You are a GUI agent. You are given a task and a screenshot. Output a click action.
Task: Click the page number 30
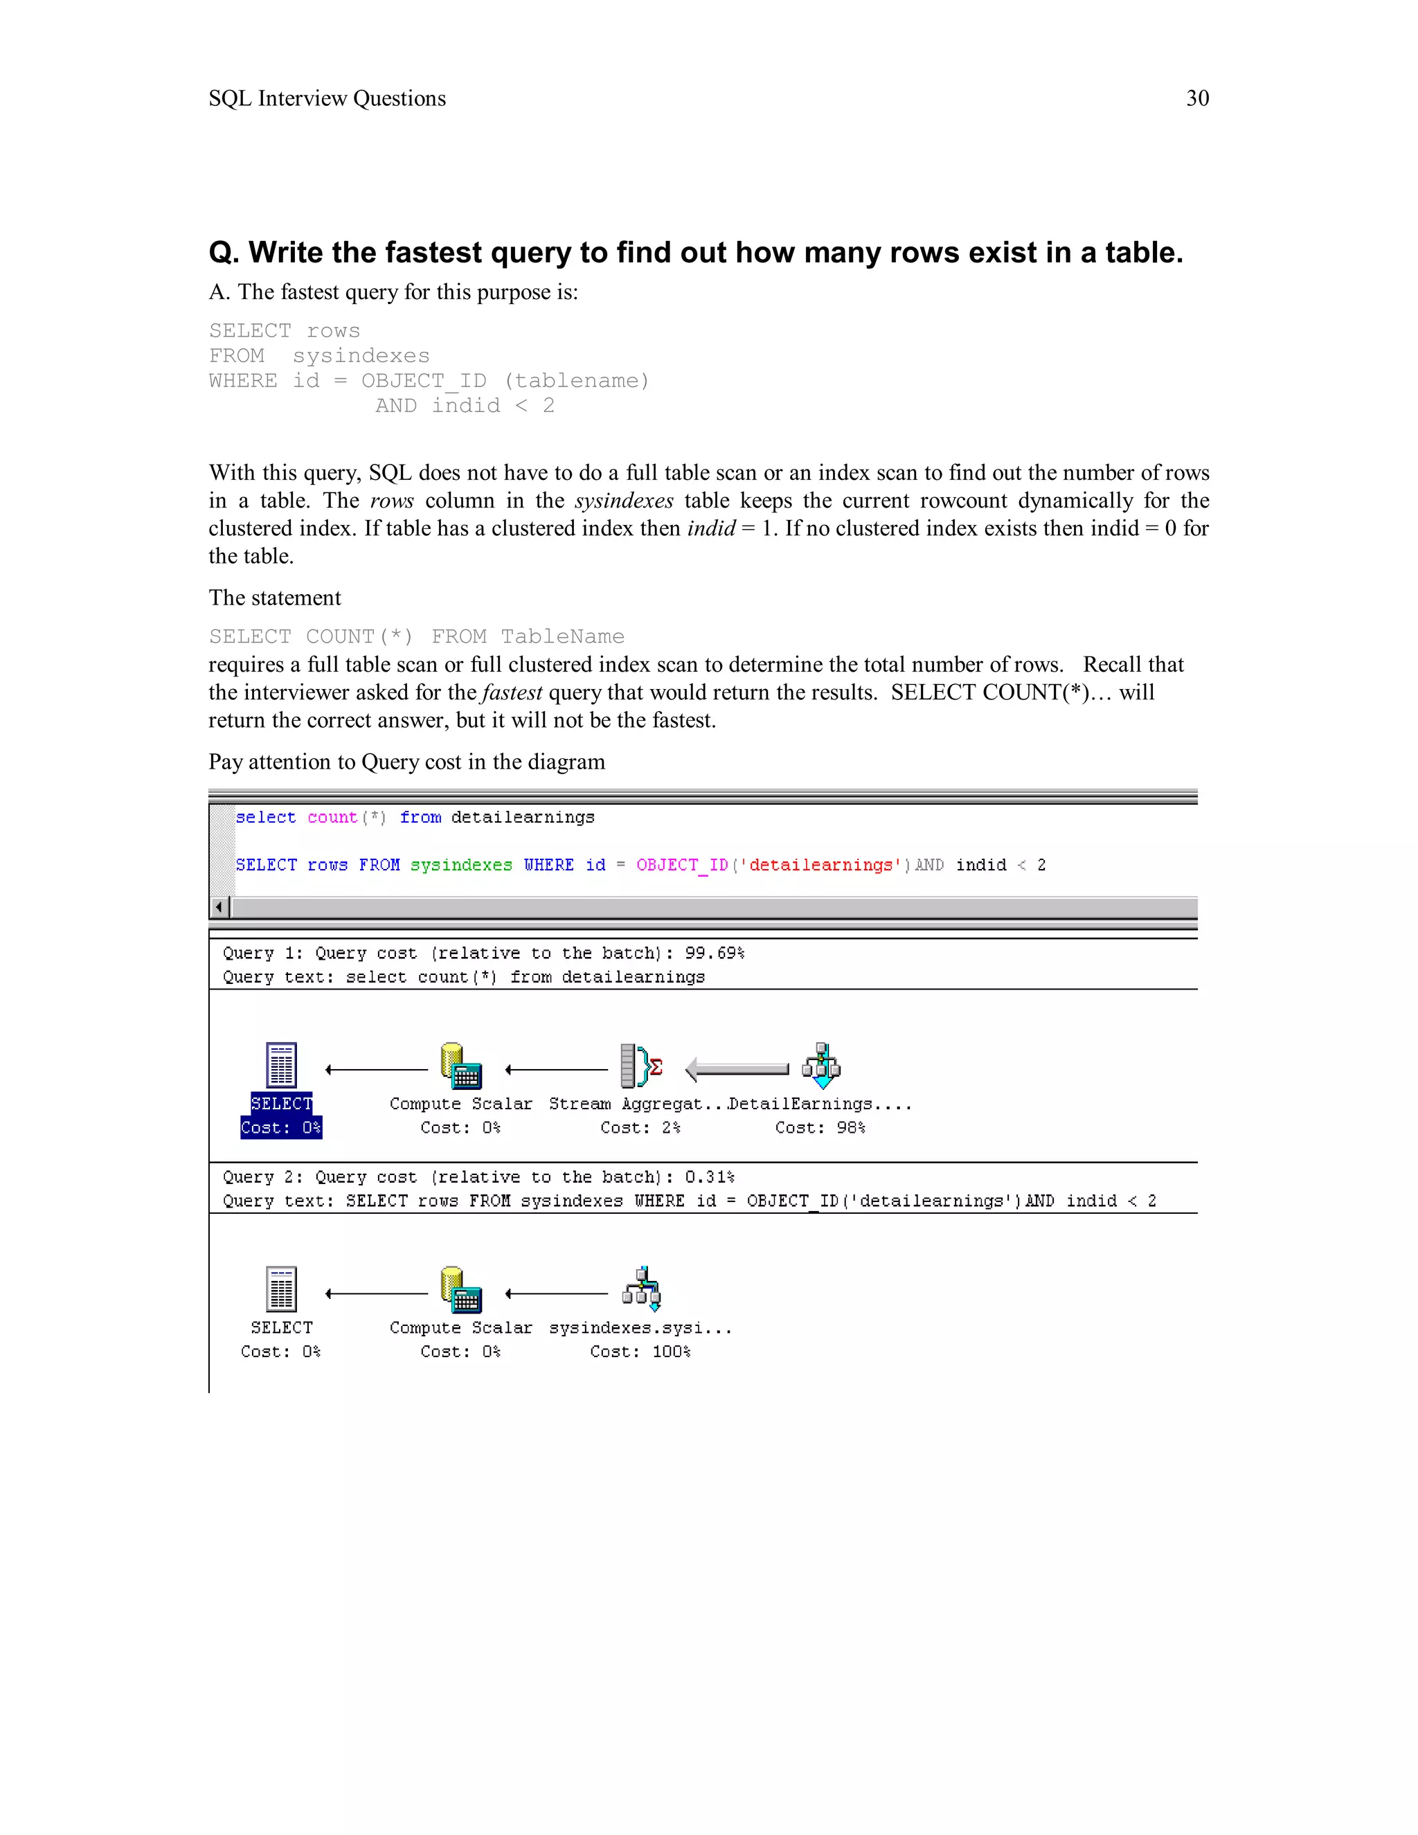pyautogui.click(x=1196, y=98)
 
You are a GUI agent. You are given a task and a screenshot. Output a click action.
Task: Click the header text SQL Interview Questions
pyautogui.click(x=327, y=98)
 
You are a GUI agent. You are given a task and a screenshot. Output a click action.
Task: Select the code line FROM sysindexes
pyautogui.click(x=319, y=355)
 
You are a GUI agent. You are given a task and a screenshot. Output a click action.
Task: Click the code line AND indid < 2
pyautogui.click(x=464, y=406)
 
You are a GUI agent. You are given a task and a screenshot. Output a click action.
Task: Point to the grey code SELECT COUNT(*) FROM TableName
pyautogui.click(x=416, y=636)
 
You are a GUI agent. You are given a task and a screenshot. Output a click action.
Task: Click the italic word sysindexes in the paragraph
pyautogui.click(x=623, y=501)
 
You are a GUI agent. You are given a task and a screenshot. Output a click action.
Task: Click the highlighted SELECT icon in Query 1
pyautogui.click(x=281, y=1066)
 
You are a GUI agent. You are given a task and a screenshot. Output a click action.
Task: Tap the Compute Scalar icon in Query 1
pyautogui.click(x=460, y=1066)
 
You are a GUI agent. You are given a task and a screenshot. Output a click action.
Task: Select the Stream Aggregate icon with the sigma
pyautogui.click(x=640, y=1066)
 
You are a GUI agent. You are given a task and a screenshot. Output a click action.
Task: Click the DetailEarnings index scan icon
pyautogui.click(x=820, y=1066)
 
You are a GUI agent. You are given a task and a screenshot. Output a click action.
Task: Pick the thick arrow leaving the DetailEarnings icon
pyautogui.click(x=737, y=1068)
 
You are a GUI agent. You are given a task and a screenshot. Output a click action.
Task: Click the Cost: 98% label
pyautogui.click(x=820, y=1127)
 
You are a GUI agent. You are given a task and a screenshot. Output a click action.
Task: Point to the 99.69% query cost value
pyautogui.click(x=714, y=953)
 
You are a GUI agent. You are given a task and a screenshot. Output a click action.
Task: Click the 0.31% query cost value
pyautogui.click(x=709, y=1177)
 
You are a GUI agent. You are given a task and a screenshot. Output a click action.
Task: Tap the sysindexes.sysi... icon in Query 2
pyautogui.click(x=641, y=1289)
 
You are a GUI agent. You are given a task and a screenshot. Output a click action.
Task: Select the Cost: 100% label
pyautogui.click(x=640, y=1352)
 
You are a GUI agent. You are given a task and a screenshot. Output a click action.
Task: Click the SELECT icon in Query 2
pyautogui.click(x=281, y=1289)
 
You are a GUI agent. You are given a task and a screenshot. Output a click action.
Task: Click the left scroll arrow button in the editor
pyautogui.click(x=220, y=907)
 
